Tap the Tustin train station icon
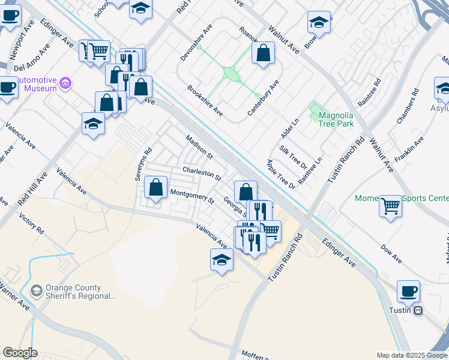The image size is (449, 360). (418, 310)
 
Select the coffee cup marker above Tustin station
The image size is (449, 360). (408, 292)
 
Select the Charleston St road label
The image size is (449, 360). (202, 174)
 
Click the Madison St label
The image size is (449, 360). (199, 146)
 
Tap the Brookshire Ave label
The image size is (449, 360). (205, 100)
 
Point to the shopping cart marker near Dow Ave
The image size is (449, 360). (390, 207)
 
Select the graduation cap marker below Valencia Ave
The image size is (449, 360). (221, 260)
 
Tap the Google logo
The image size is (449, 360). (20, 353)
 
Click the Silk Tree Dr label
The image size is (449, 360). (292, 157)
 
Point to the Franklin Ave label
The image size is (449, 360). (410, 146)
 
